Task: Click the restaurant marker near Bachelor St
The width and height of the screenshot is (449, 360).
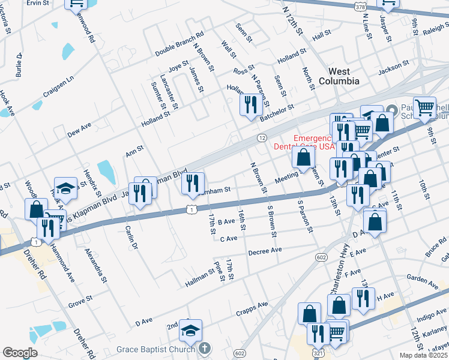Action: (249, 104)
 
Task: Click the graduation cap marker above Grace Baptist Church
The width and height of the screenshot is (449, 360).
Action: (190, 331)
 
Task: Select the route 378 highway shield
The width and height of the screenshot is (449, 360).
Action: (360, 7)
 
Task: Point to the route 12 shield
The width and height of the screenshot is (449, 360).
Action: (262, 138)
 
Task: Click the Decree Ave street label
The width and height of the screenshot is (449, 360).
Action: (265, 250)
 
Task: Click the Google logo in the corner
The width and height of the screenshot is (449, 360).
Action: (20, 353)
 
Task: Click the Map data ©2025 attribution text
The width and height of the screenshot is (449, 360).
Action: (424, 355)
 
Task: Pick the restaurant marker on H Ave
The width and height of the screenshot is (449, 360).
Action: (363, 298)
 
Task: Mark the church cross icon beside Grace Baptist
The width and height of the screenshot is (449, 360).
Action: (205, 349)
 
